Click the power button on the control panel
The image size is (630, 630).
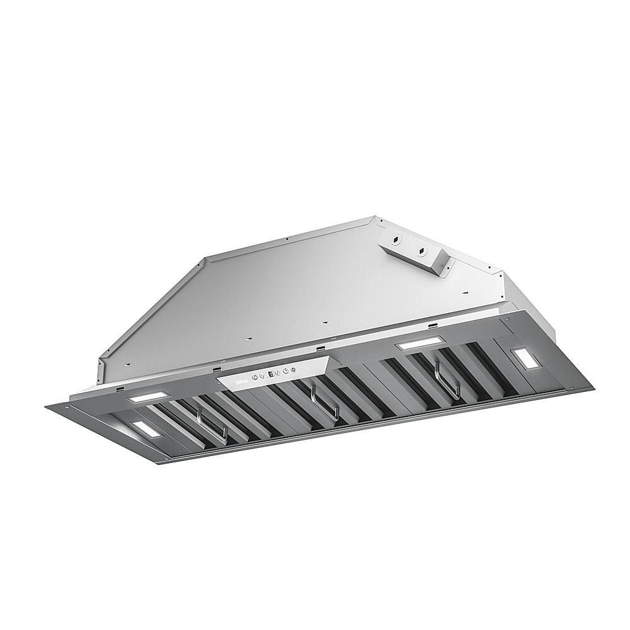[254, 377]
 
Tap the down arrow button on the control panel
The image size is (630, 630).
[262, 376]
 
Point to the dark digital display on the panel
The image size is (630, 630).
[270, 374]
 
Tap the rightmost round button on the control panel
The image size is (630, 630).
[294, 370]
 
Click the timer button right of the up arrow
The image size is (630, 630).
[286, 371]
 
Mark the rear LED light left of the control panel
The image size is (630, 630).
[149, 398]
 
